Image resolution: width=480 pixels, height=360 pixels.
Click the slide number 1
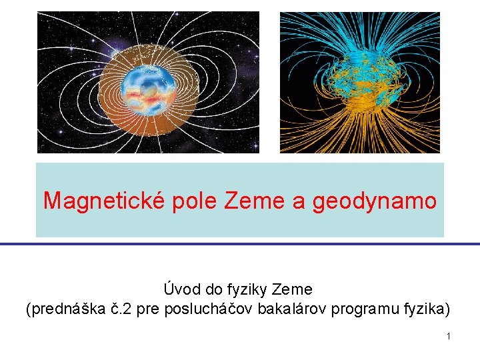[449, 336]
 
